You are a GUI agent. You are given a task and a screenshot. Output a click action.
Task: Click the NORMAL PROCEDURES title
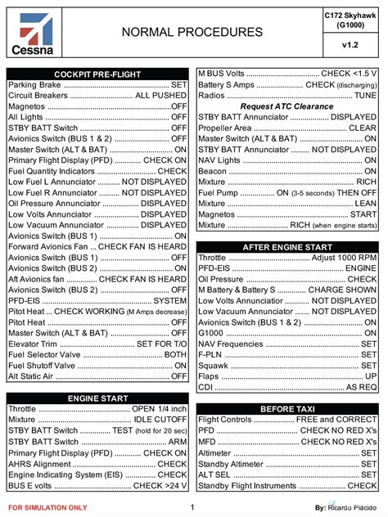[192, 32]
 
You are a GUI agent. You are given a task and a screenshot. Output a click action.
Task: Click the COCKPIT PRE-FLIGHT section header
[97, 74]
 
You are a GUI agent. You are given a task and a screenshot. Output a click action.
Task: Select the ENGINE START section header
[97, 398]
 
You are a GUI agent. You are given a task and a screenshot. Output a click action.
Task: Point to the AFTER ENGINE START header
[287, 246]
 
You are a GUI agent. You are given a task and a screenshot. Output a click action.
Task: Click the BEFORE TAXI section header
[287, 408]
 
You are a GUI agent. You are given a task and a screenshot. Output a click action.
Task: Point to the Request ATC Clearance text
[286, 106]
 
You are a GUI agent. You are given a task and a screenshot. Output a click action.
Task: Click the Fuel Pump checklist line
[286, 192]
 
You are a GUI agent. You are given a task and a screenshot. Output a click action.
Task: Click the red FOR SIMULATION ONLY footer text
[47, 508]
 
